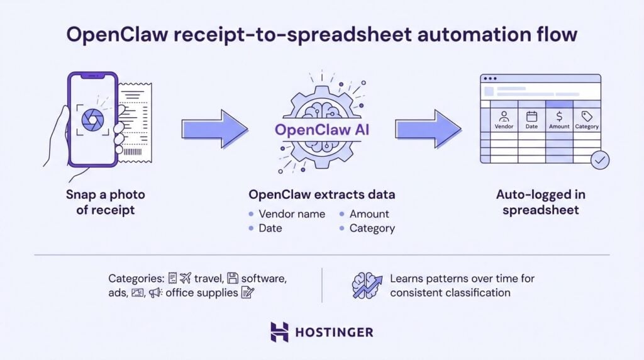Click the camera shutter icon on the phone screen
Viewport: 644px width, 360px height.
click(93, 119)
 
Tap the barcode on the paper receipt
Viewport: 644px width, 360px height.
click(133, 152)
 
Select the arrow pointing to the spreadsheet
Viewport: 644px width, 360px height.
click(428, 129)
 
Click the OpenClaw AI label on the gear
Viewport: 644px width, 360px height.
click(322, 131)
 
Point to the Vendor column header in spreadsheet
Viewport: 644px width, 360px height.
click(504, 120)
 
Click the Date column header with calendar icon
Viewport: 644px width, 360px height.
click(531, 120)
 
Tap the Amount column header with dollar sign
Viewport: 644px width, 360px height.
click(559, 120)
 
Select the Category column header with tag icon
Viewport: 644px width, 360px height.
click(587, 120)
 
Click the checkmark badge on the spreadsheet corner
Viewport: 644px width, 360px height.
click(600, 160)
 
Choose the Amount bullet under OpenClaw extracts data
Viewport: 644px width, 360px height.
click(369, 214)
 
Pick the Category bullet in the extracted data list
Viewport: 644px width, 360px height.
click(372, 228)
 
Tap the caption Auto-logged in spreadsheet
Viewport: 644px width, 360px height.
click(541, 202)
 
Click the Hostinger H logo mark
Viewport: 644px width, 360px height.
click(279, 332)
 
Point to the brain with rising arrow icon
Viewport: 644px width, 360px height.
click(367, 285)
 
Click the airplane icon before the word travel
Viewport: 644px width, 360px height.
click(185, 278)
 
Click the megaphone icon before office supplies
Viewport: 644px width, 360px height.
click(155, 293)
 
